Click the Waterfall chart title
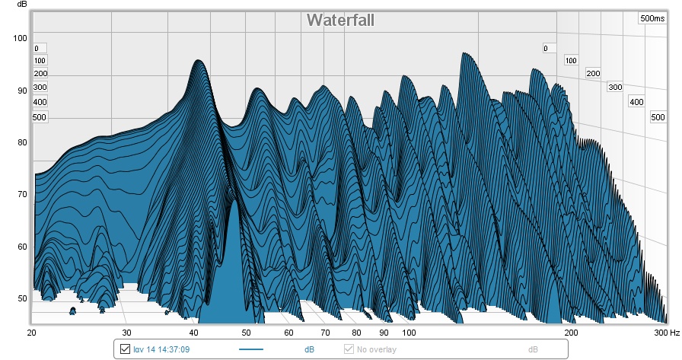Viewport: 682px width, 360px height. tap(340, 20)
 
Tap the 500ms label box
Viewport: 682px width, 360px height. tap(652, 18)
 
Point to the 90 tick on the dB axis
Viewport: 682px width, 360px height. tap(21, 91)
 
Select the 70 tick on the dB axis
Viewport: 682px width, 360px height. tap(21, 195)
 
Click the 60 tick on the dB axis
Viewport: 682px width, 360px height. tap(21, 247)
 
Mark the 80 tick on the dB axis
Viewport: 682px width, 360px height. tap(21, 142)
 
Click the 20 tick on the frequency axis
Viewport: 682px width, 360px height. tap(32, 333)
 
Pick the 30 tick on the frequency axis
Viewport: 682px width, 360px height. tap(126, 333)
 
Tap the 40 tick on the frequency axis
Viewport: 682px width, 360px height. tap(193, 333)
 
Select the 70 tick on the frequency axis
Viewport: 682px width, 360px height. tap(325, 333)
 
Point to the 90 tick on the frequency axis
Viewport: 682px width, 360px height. tap(384, 333)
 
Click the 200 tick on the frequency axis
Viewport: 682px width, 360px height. tap(570, 333)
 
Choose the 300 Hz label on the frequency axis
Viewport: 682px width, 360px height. tap(665, 333)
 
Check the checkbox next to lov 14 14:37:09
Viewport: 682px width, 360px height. tap(126, 349)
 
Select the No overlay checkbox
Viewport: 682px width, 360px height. tap(349, 349)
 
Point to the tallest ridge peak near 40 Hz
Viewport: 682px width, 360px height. tap(198, 62)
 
